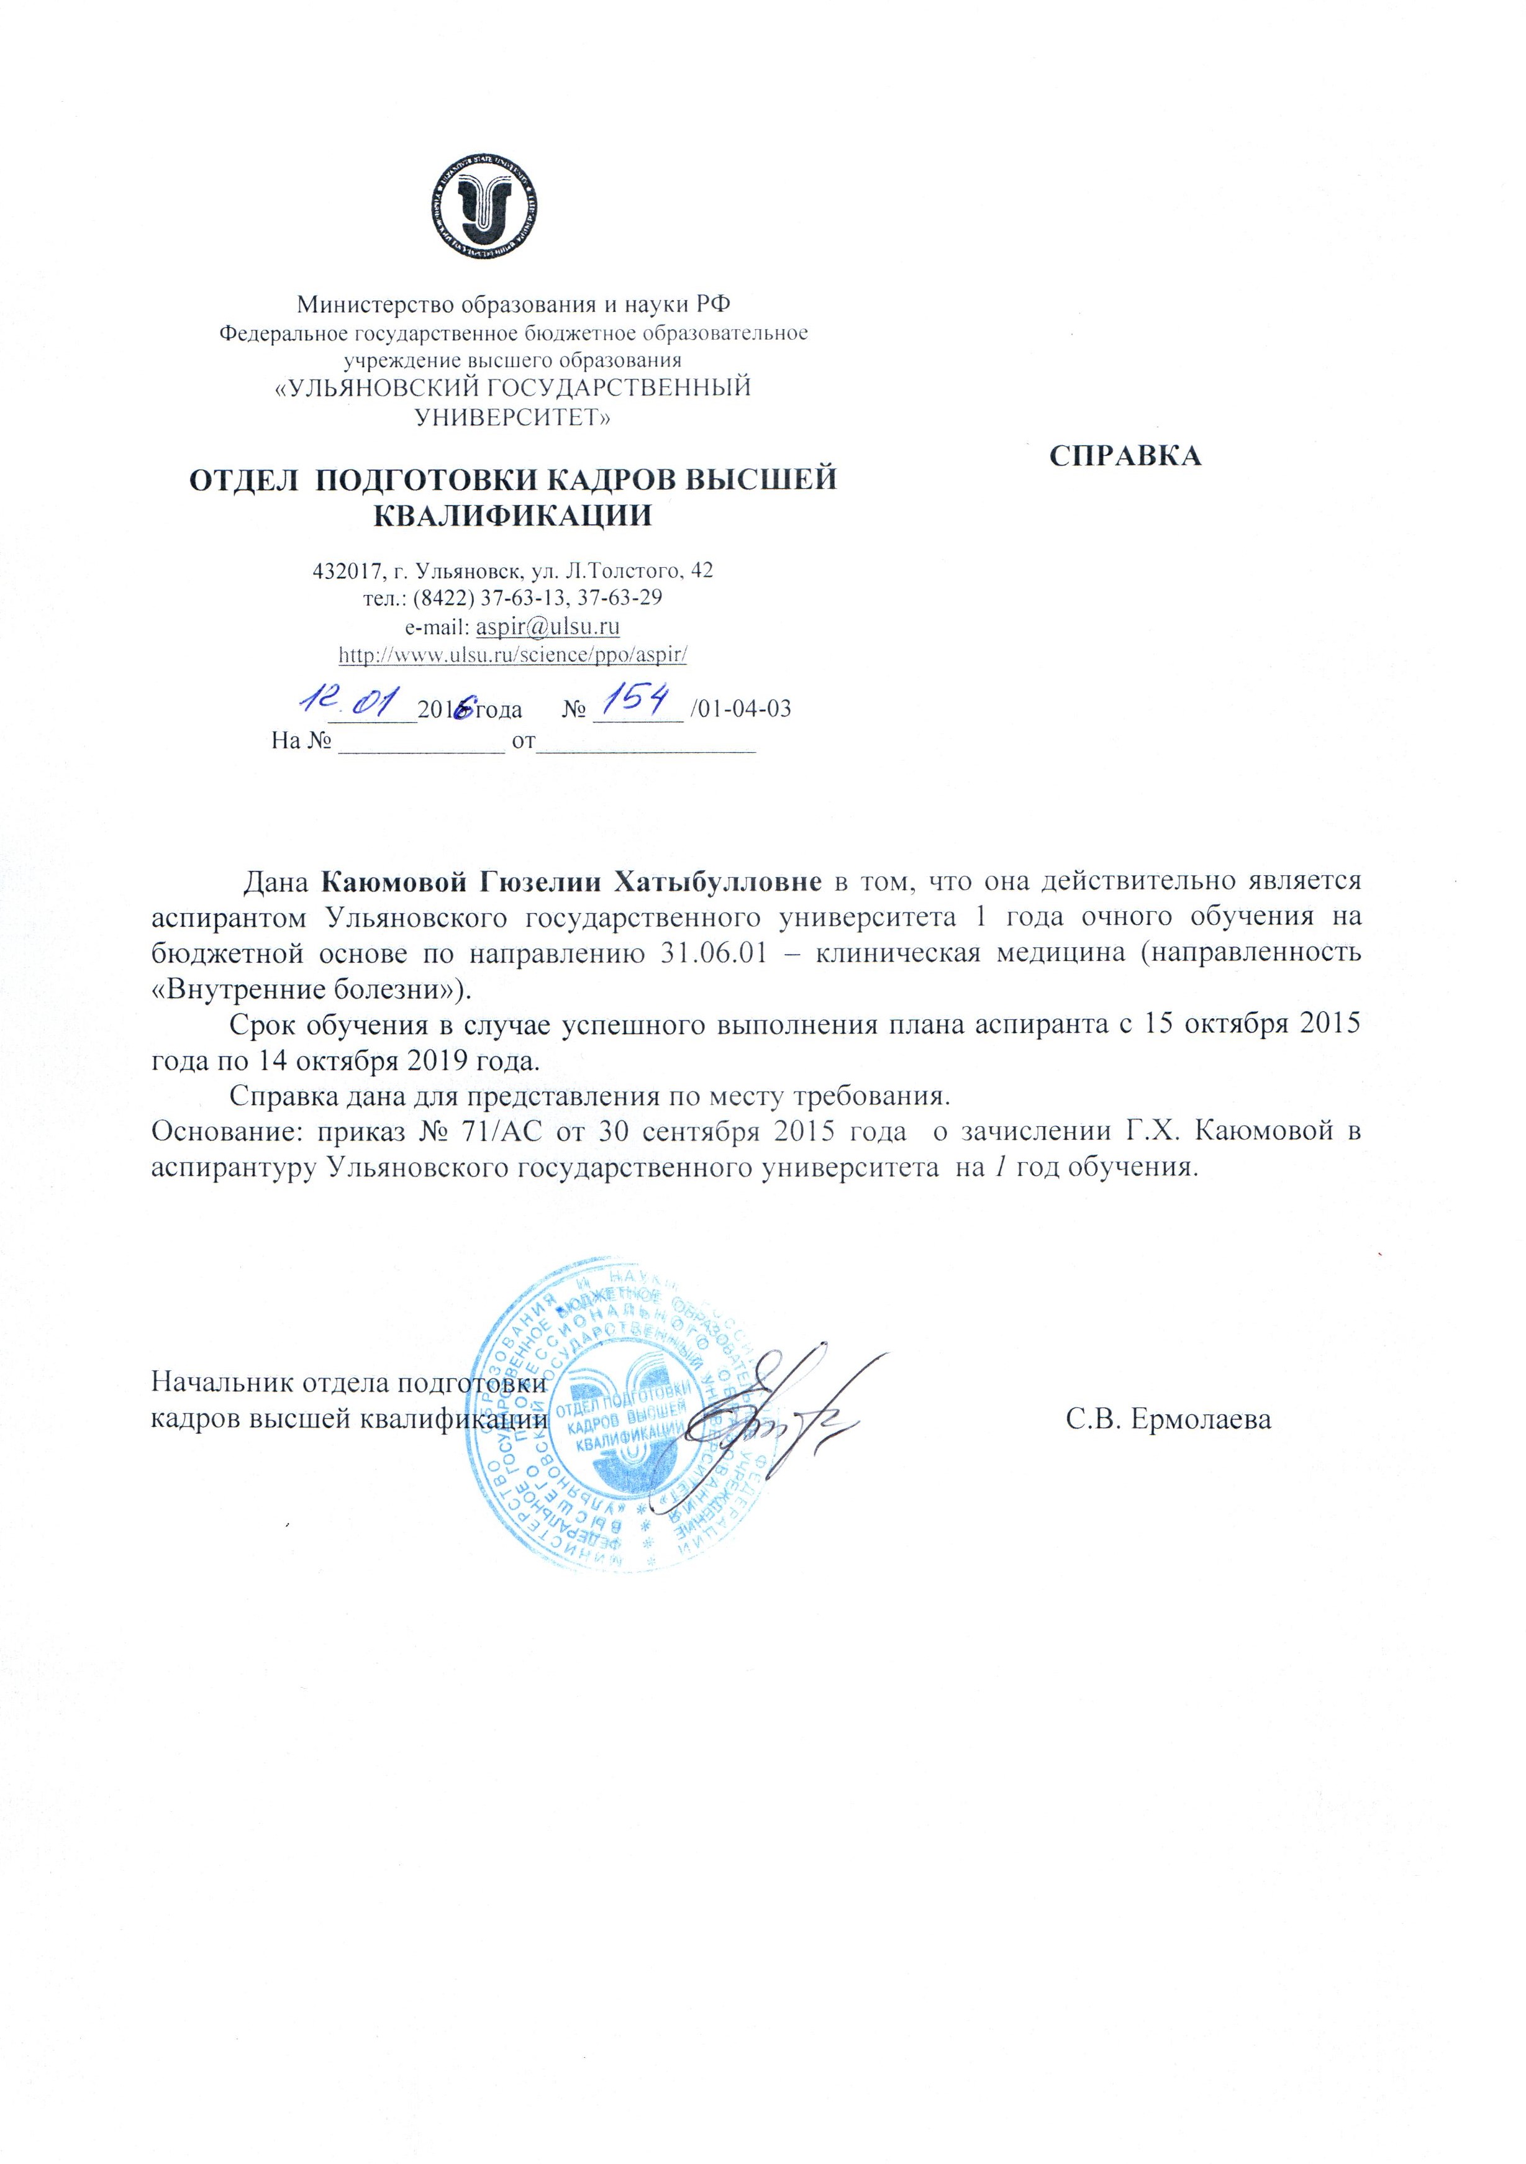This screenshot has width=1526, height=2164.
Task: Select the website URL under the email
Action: point(513,654)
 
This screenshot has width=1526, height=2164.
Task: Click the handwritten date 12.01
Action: point(350,699)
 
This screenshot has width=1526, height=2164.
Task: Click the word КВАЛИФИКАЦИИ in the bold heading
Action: point(514,516)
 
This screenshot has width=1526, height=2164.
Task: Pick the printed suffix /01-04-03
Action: point(741,710)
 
